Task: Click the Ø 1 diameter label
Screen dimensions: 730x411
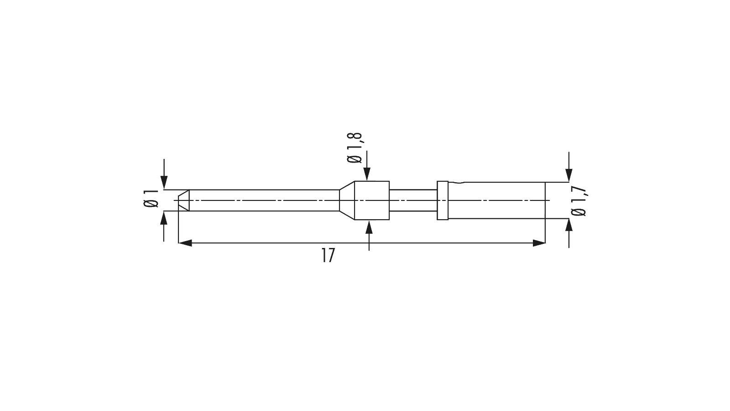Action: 151,198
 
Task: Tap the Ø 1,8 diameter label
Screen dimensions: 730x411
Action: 355,148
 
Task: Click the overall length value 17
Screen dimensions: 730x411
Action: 328,255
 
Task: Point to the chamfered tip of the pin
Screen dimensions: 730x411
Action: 184,200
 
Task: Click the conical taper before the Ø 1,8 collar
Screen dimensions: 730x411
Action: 347,200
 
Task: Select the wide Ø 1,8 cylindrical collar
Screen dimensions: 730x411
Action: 372,200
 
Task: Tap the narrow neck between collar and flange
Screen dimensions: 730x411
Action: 413,200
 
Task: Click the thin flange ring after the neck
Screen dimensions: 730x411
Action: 443,200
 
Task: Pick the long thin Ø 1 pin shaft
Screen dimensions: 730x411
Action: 264,200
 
